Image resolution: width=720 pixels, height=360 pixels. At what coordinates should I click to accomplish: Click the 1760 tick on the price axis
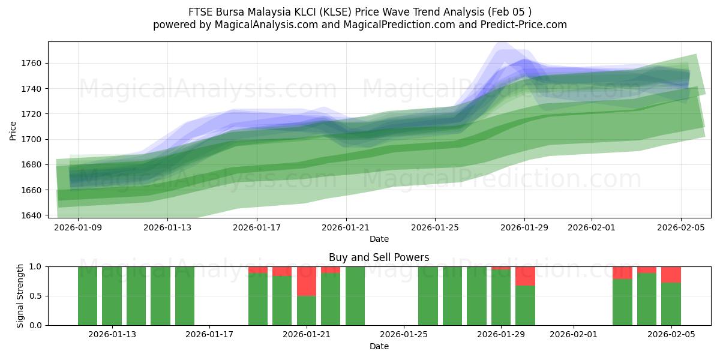point(31,64)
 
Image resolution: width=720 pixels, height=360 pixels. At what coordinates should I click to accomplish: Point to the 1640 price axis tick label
point(31,215)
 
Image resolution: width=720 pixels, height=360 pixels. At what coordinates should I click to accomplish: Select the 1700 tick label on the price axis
point(31,139)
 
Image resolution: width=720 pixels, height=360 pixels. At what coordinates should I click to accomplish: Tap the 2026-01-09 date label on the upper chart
point(78,227)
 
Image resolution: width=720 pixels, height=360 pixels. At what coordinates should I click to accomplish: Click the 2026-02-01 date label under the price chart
point(591,227)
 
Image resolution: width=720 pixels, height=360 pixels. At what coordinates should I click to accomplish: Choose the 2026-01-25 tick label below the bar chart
point(404,335)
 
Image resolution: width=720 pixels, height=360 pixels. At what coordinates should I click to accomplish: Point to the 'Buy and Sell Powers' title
point(379,257)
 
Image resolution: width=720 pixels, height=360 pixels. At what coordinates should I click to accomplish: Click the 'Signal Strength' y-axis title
point(20,296)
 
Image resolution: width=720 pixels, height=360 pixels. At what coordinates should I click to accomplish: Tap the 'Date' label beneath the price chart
point(379,239)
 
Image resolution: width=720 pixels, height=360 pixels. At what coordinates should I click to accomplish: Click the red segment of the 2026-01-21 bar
point(307,281)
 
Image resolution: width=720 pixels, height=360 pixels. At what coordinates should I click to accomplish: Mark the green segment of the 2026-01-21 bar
point(307,310)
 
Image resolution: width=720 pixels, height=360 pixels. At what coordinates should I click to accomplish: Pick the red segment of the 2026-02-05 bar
point(671,274)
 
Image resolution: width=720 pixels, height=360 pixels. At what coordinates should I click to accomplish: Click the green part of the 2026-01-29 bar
point(501,298)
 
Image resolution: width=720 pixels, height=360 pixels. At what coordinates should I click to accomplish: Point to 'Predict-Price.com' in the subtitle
point(527,25)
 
